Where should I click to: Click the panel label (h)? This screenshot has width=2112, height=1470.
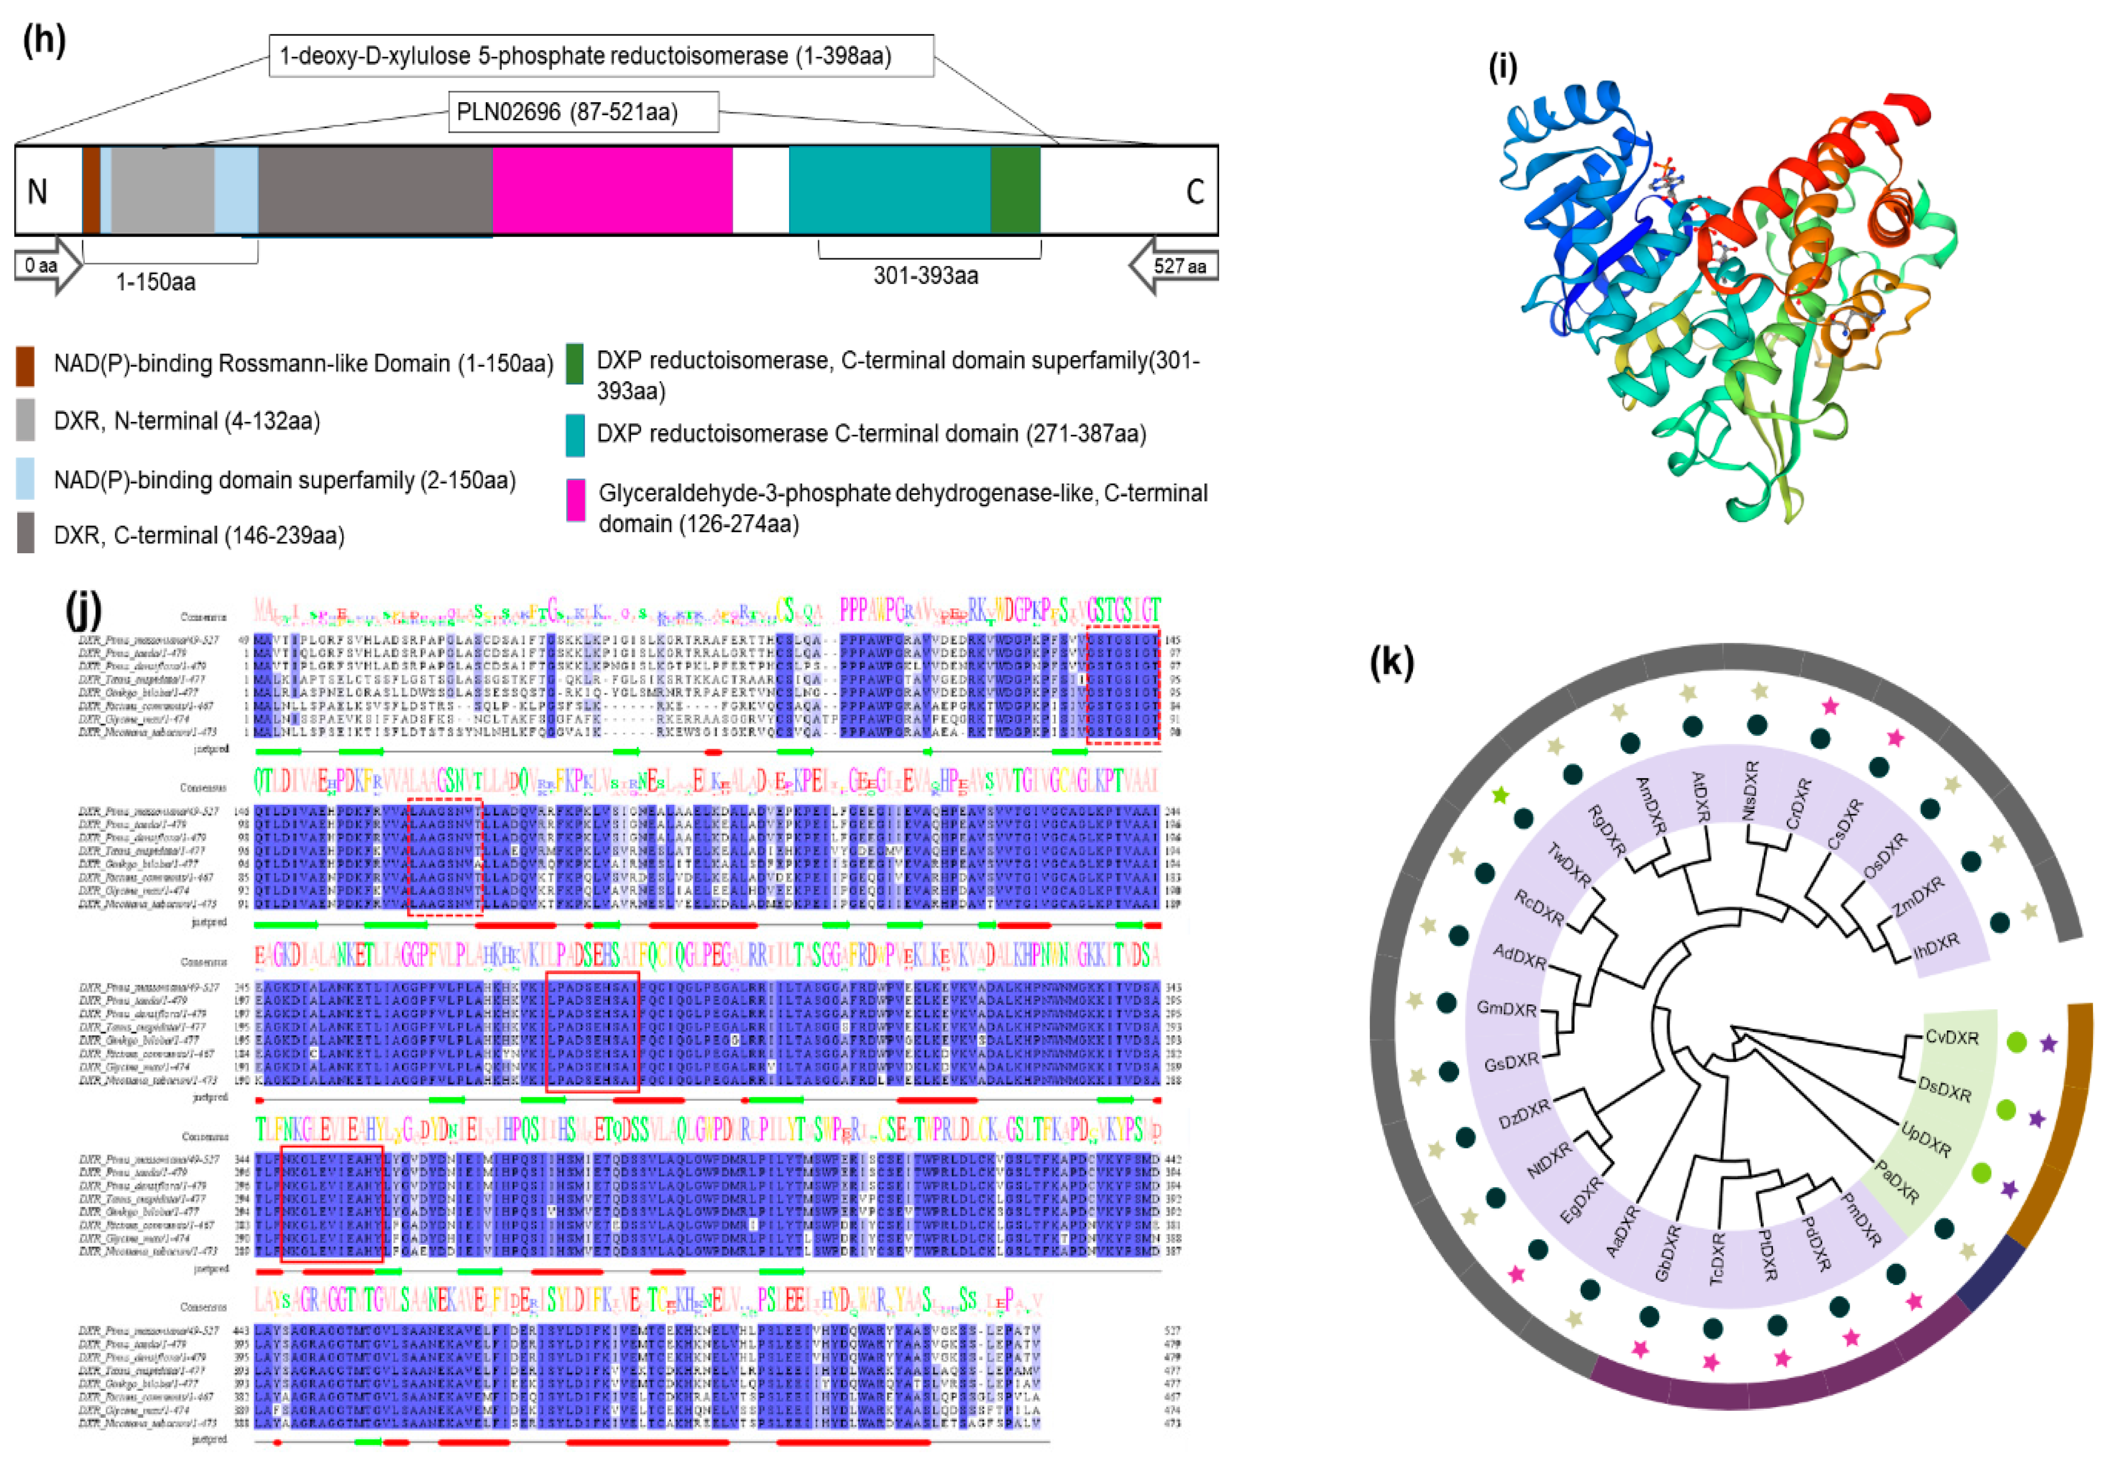pos(43,41)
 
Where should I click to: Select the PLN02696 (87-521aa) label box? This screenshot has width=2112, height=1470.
pos(583,112)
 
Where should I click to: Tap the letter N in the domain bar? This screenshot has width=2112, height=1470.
pos(37,191)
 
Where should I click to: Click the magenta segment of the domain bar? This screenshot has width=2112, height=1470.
pos(612,190)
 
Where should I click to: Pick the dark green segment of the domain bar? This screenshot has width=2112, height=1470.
pos(1015,190)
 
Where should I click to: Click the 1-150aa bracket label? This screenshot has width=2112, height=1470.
pos(155,282)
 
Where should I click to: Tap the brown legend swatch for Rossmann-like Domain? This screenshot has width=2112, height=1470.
pos(26,365)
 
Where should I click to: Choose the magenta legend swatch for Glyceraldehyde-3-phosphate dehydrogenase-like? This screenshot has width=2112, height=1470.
pos(576,500)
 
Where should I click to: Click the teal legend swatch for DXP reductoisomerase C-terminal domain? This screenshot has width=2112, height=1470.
pos(576,434)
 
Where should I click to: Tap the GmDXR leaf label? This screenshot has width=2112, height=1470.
pos(1506,1008)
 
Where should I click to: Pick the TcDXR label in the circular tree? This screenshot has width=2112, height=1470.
pos(1717,1258)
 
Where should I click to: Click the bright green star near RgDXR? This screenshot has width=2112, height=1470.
pos(1500,795)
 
